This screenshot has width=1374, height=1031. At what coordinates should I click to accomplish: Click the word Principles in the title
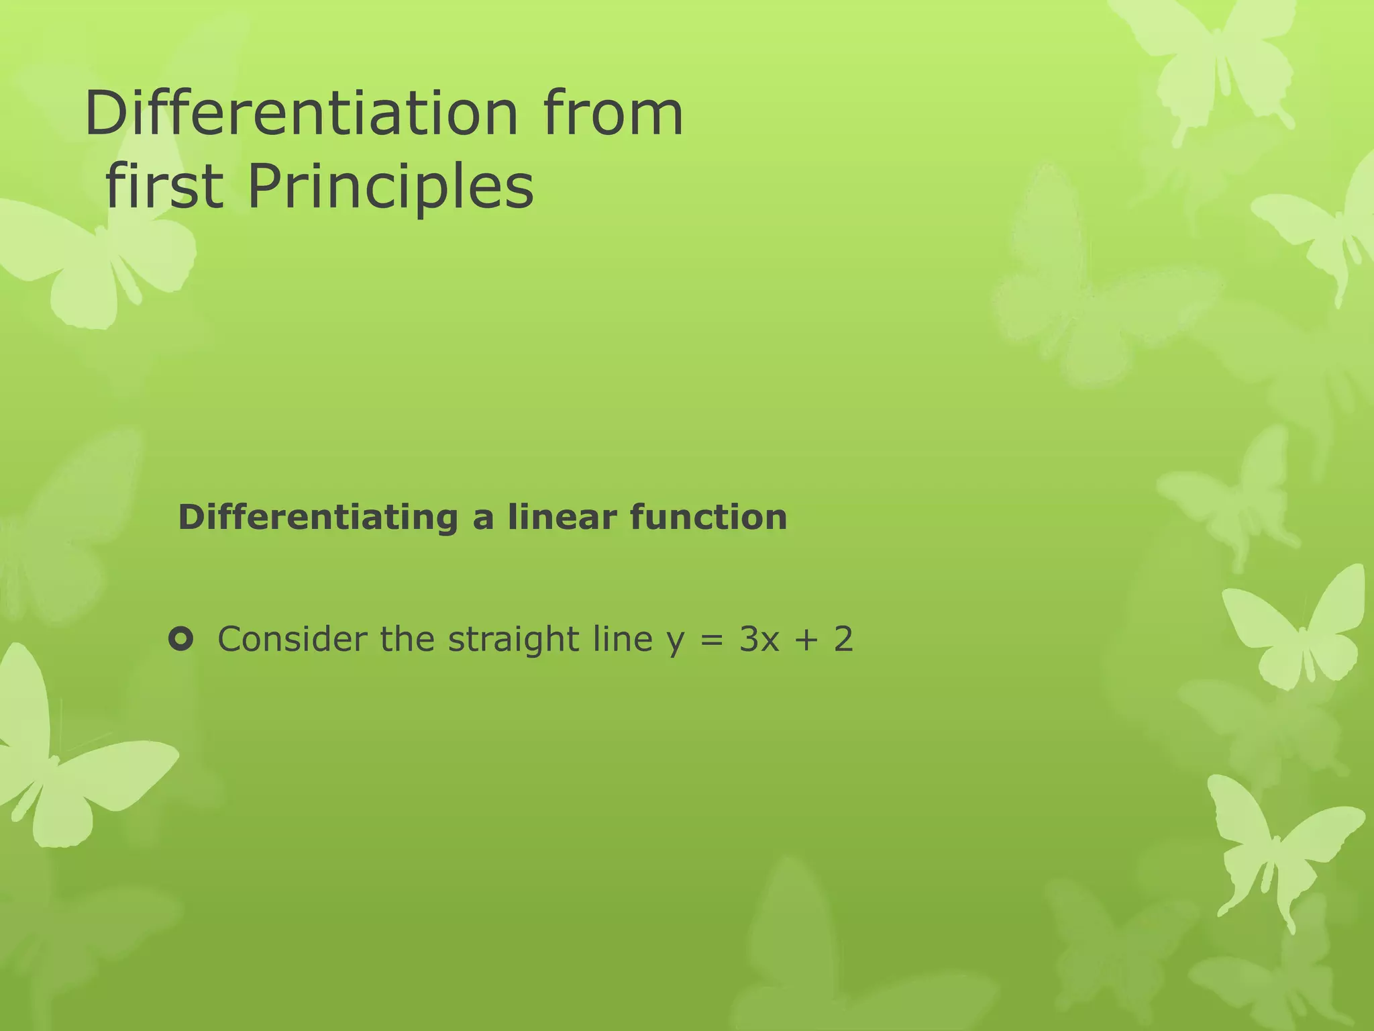(390, 187)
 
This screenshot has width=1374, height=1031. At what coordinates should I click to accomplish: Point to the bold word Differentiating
(318, 518)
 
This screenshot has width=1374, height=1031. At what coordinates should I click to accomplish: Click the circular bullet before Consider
(181, 639)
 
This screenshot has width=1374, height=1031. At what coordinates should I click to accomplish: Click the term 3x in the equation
(759, 639)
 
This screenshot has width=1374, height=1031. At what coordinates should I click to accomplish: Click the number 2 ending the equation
(843, 639)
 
